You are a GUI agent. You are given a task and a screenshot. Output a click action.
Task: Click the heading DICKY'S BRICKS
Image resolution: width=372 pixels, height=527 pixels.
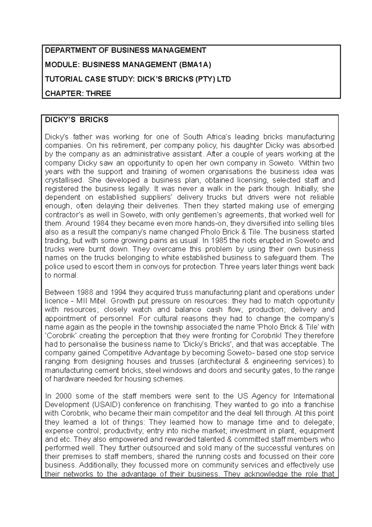pyautogui.click(x=77, y=120)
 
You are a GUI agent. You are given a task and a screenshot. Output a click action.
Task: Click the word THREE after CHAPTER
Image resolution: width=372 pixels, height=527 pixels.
pyautogui.click(x=98, y=93)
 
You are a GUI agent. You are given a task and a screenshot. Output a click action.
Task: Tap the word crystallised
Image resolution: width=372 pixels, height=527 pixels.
pyautogui.click(x=64, y=180)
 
